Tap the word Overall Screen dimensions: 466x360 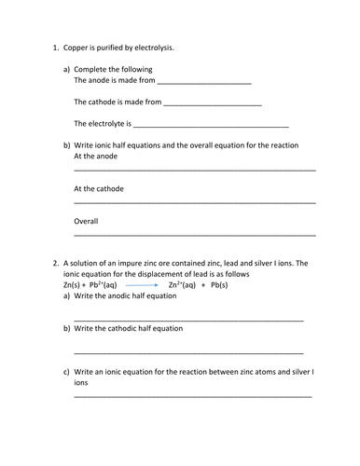click(x=86, y=221)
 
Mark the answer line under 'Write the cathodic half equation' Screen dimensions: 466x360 click(x=187, y=352)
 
